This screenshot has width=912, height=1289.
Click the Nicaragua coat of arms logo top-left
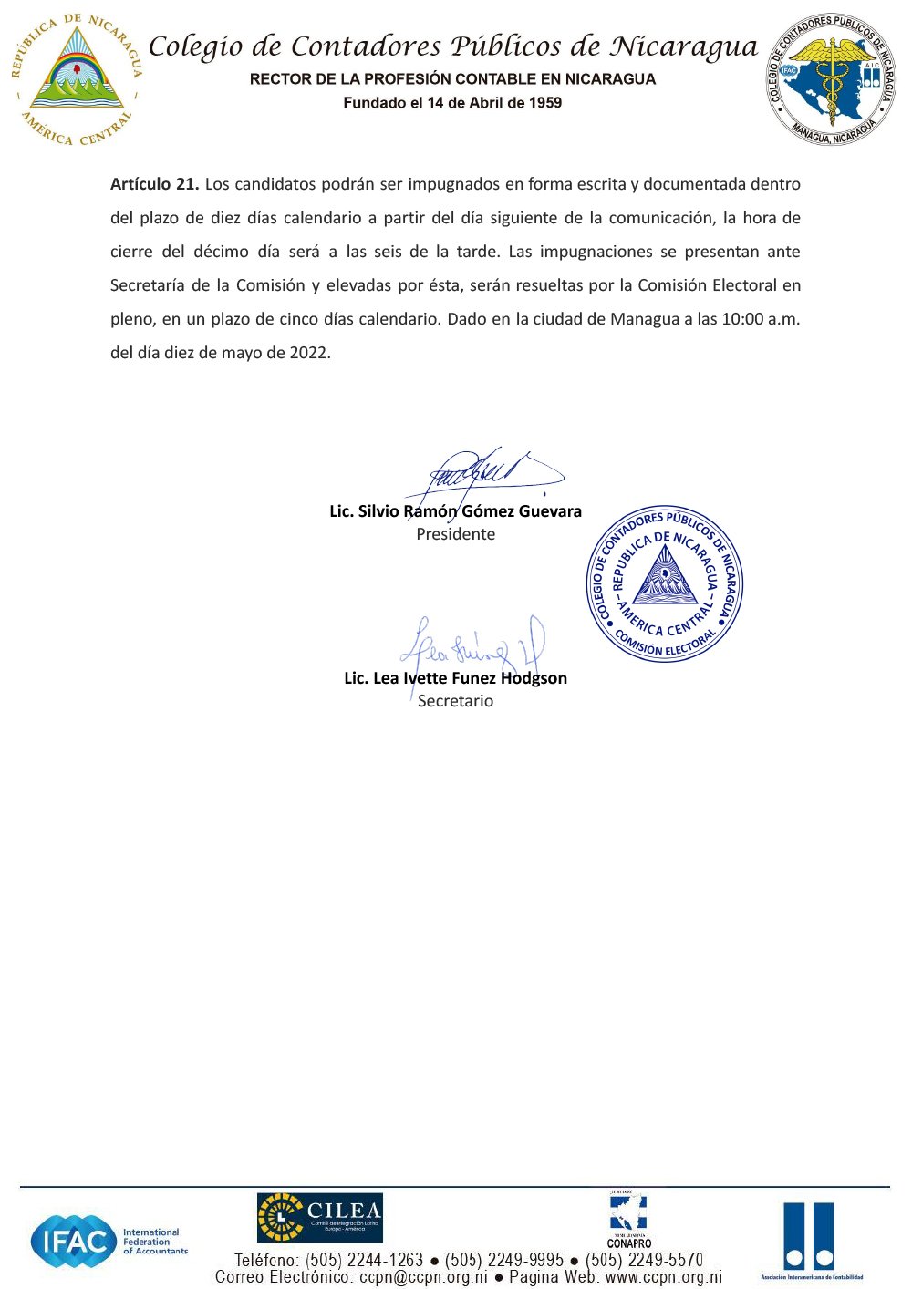point(78,80)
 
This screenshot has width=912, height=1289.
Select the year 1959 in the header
point(544,103)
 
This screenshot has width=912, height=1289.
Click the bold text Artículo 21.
point(154,184)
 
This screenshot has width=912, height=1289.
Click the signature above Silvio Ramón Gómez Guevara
point(483,474)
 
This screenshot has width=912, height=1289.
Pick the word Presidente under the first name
point(455,534)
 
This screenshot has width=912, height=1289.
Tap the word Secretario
point(455,701)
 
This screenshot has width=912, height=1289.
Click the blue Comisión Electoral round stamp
point(665,583)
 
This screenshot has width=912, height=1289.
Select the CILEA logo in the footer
point(319,1217)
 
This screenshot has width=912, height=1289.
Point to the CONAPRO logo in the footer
point(628,1220)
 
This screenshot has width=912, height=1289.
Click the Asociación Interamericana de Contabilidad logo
point(810,1240)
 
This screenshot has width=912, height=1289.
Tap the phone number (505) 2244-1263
point(365,1261)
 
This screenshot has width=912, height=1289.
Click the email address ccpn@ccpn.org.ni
point(423,1277)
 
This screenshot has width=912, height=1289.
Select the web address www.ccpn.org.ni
point(663,1277)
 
